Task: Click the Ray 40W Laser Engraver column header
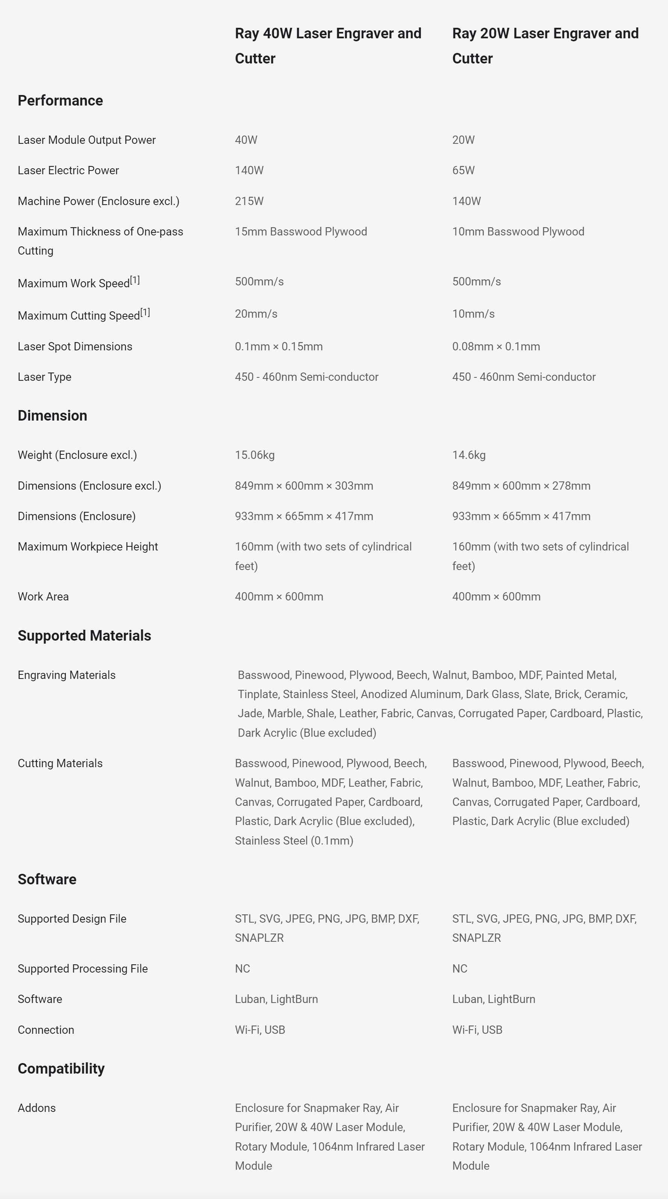[x=328, y=45]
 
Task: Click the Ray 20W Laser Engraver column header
[x=545, y=45]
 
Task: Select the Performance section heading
[x=60, y=101]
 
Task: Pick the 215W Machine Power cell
[x=249, y=201]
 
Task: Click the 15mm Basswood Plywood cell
[x=301, y=232]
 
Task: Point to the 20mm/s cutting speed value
[x=256, y=314]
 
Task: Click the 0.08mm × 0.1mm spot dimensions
[x=496, y=346]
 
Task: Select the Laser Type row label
[x=44, y=377]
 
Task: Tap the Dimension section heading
[x=52, y=416]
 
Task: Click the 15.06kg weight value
[x=254, y=455]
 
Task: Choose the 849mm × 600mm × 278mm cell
[x=521, y=486]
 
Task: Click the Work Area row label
[x=43, y=597]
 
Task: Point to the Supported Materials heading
[x=84, y=636]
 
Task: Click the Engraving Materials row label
[x=66, y=676]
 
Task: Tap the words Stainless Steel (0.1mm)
[x=293, y=841]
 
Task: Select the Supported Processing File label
[x=82, y=968]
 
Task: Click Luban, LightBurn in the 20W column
[x=493, y=999]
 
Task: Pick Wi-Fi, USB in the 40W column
[x=260, y=1030]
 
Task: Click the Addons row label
[x=36, y=1108]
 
